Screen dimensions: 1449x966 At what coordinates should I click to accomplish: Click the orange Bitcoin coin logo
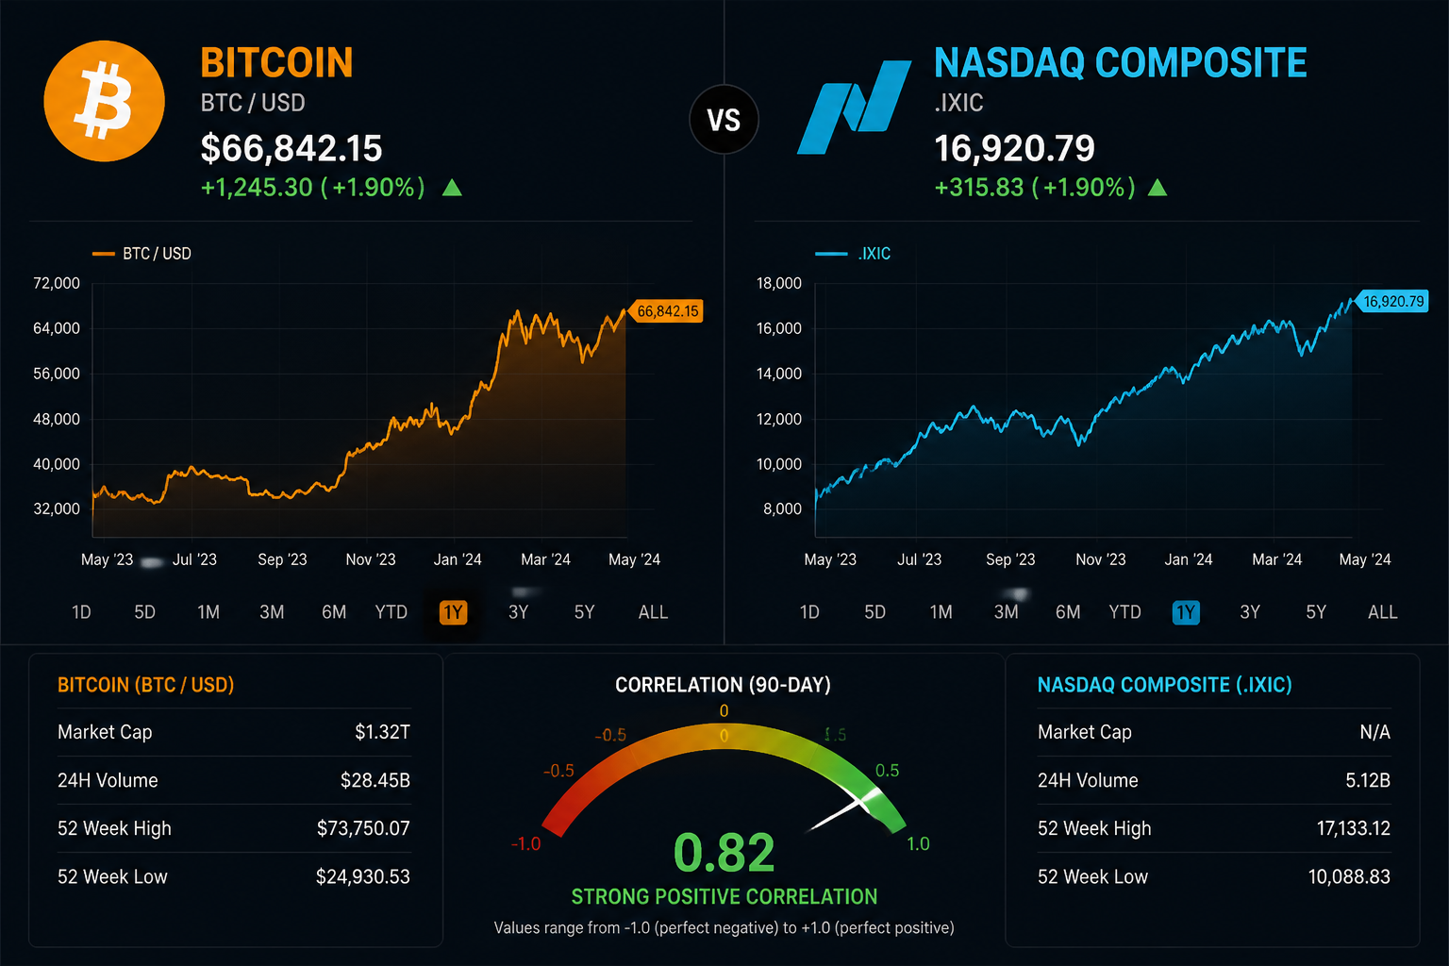[x=104, y=101]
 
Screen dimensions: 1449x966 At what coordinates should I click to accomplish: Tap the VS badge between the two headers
[x=724, y=120]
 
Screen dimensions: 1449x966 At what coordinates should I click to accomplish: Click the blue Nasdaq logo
[x=854, y=108]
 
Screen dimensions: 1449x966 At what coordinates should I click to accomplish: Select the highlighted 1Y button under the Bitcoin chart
[x=453, y=612]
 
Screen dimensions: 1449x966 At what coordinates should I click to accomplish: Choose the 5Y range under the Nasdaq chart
[x=1316, y=612]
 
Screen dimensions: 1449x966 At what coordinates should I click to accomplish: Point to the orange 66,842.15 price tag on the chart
[x=666, y=311]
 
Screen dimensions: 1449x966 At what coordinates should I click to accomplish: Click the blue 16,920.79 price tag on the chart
[x=1392, y=302]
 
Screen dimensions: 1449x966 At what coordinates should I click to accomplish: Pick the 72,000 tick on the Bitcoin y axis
[x=57, y=283]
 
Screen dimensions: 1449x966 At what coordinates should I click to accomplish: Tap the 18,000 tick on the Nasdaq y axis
[x=779, y=283]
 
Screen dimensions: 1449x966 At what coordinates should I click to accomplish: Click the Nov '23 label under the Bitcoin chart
[x=371, y=559]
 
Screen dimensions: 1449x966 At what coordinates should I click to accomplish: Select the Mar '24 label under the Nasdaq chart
[x=1277, y=559]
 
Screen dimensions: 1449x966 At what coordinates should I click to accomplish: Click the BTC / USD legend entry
[x=142, y=254]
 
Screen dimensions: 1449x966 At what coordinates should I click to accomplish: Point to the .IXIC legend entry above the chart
[x=853, y=254]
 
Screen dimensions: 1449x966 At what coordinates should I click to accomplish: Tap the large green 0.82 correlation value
[x=724, y=853]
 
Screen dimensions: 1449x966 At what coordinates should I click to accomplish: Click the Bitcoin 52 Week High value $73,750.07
[x=363, y=828]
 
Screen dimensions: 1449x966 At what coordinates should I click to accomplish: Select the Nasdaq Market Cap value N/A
[x=1374, y=732]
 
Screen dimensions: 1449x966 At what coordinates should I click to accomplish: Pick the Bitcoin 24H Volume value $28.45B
[x=375, y=780]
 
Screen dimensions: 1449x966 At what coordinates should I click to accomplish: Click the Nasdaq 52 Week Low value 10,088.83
[x=1349, y=876]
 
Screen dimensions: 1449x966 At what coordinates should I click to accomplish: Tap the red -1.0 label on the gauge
[x=525, y=843]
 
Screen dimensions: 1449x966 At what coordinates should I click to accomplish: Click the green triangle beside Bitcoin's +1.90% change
[x=452, y=188]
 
